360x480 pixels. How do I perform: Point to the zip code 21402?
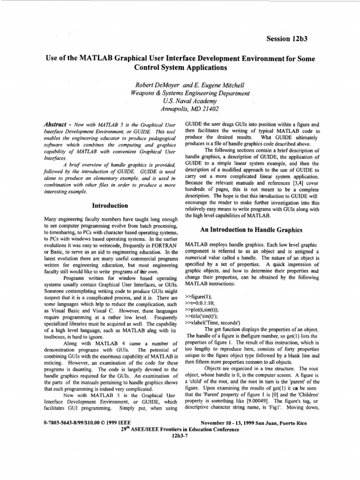tap(209, 108)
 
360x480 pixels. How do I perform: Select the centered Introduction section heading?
tap(110, 205)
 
